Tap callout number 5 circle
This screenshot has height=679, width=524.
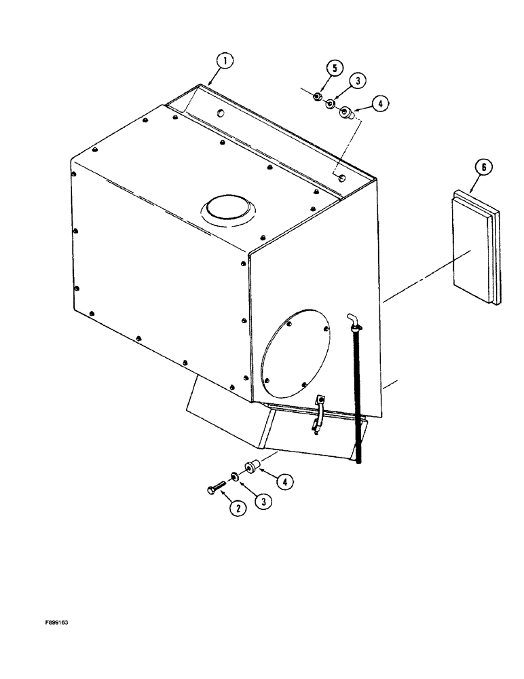(x=333, y=69)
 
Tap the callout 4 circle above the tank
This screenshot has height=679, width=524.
(x=380, y=104)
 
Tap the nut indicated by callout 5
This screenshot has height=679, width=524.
(x=317, y=98)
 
